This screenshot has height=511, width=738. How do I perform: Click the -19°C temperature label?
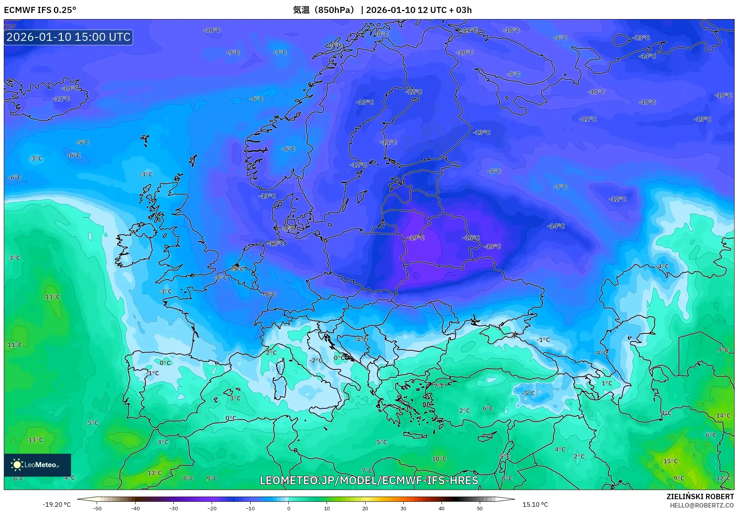pos(416,238)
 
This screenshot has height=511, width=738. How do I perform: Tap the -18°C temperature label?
pos(492,246)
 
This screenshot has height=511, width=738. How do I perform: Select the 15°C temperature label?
pos(670,461)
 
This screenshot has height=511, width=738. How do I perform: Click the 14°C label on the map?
pos(723,415)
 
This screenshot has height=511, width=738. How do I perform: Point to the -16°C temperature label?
pos(471,238)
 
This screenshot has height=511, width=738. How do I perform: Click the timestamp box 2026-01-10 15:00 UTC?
pos(68,37)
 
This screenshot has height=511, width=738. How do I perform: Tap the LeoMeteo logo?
pos(37,465)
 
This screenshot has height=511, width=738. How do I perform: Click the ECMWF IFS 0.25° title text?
pos(40,10)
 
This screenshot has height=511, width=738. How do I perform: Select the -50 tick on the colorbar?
pos(97,508)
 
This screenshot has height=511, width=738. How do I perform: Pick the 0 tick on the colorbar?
pos(288,508)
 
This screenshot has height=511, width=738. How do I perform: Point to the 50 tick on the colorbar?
pos(480,508)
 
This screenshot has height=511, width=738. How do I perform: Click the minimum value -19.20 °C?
pos(57,505)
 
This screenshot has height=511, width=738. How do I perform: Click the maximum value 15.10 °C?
pos(535,505)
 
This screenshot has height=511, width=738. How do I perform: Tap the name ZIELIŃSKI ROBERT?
pos(700,496)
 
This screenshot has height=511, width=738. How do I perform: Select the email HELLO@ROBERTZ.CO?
pos(702,505)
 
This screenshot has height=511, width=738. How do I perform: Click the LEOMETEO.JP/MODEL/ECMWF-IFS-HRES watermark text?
pos(369,480)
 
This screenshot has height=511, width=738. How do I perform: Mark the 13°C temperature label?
pos(155,473)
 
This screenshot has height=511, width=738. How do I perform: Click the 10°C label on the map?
pos(439,459)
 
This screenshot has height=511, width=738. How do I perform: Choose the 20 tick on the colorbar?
pos(365,508)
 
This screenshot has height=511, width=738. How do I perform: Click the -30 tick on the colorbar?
pos(173,508)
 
